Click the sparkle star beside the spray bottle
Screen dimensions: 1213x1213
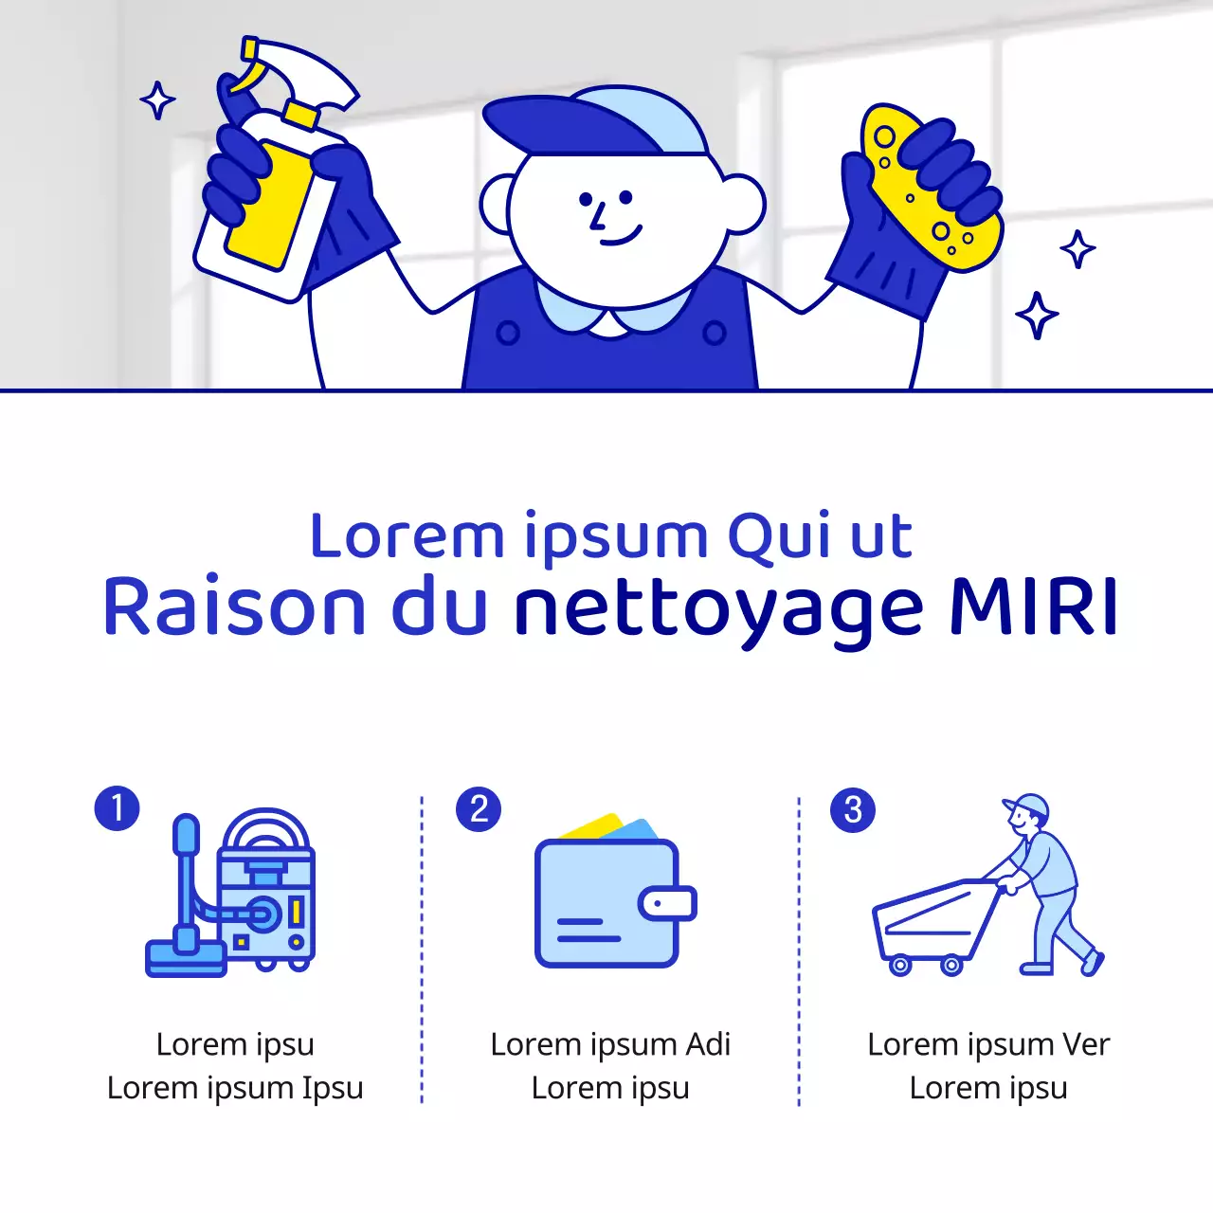[x=157, y=100]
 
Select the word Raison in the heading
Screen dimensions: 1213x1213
[x=233, y=606]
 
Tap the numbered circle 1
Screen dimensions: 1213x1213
[x=118, y=808]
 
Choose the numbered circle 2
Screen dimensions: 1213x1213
[x=479, y=809]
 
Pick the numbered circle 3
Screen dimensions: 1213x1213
[x=853, y=810]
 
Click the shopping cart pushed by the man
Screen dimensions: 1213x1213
[x=933, y=924]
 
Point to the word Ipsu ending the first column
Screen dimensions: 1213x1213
[x=333, y=1088]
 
